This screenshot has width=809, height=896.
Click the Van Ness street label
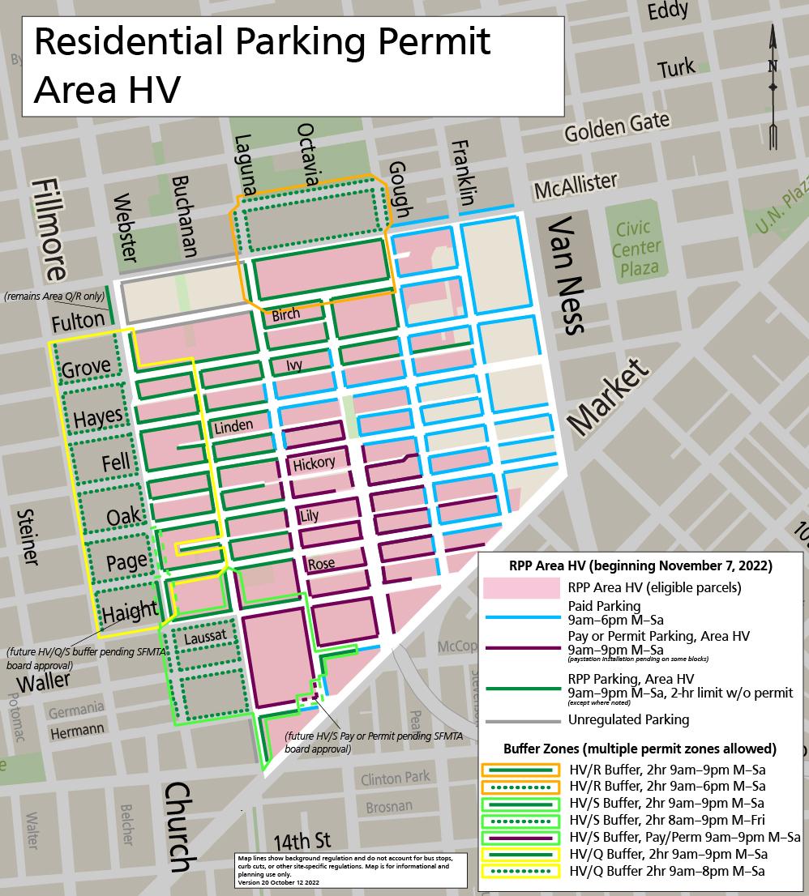565,275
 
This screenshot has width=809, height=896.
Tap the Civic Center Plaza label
637,248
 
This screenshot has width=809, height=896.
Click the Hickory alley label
314,463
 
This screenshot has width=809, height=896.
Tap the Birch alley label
285,314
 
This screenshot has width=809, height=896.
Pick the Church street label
182,835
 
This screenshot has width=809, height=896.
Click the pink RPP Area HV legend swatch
521,587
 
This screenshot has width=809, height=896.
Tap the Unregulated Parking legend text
628,719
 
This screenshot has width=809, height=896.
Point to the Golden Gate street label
618,126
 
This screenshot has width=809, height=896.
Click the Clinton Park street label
393,779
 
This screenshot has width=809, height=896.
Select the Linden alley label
233,425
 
